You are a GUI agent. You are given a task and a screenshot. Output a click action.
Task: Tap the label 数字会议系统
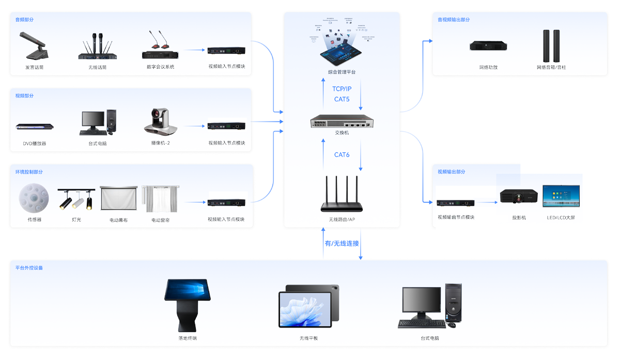pos(160,67)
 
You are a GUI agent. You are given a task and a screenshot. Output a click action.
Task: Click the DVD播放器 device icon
pos(35,126)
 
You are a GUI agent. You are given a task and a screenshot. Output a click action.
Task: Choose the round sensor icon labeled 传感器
pos(34,199)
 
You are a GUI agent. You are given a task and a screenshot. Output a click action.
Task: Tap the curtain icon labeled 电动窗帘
pos(160,199)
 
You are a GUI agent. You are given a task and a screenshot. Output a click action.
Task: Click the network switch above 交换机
pos(342,122)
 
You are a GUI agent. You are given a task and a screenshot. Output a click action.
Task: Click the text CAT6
pos(342,154)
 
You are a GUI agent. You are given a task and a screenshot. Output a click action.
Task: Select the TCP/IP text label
pos(342,89)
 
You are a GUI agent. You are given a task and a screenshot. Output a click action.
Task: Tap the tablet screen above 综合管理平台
pos(342,55)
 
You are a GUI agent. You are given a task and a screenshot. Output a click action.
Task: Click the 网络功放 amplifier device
pos(488,46)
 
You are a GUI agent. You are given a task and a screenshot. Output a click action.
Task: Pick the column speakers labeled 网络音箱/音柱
pos(551,46)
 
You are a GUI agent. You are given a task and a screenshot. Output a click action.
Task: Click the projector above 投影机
pos(519,197)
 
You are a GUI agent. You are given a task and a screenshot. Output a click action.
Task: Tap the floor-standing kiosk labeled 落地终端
pos(187,305)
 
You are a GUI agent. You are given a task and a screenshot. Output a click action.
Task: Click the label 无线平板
pos(308,338)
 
